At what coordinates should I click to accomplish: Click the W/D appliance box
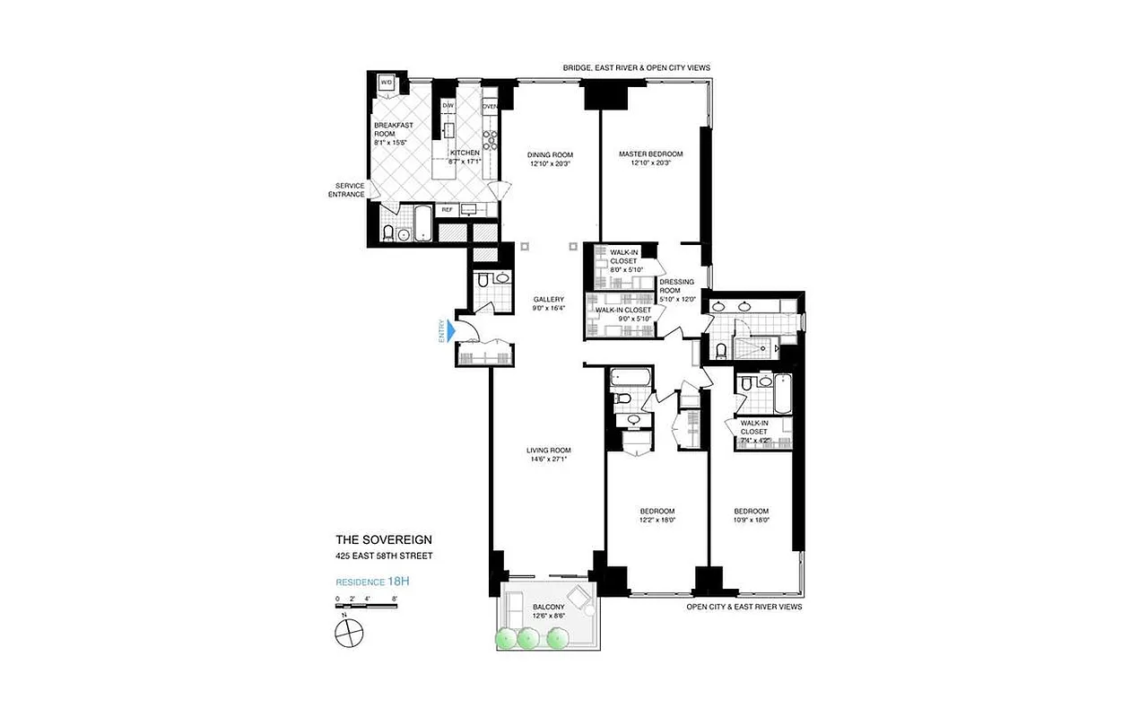coord(387,82)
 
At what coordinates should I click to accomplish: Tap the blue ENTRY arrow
coord(452,332)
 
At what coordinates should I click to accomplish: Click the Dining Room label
coord(550,154)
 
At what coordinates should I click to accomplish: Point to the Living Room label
coord(549,450)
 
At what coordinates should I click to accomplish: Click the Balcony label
coord(548,607)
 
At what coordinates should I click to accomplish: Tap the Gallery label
coord(548,299)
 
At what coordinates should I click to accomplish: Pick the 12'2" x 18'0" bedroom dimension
coord(657,520)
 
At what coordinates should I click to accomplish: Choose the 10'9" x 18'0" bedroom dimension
coord(752,520)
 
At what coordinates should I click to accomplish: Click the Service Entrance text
coord(346,189)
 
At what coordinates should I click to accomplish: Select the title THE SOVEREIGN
coord(384,539)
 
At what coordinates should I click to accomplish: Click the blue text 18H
coord(399,581)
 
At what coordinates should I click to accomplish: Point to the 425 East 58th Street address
coord(384,556)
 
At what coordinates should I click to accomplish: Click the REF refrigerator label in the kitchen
coord(446,209)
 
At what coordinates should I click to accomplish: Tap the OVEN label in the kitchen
coord(490,107)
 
